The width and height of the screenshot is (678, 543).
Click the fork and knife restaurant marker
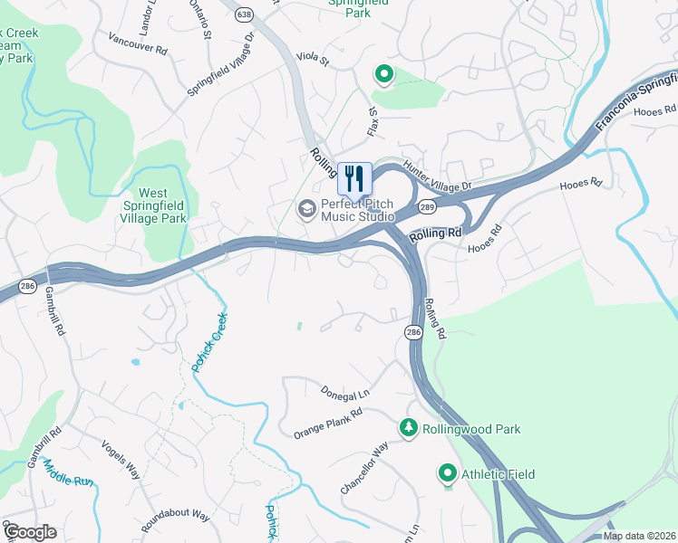(x=354, y=178)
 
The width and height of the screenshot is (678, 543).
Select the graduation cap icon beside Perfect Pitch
(x=307, y=210)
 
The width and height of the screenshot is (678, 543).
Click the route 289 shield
(x=428, y=207)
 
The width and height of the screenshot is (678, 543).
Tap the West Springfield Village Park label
(x=162, y=205)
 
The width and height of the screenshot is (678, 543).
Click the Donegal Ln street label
(x=345, y=393)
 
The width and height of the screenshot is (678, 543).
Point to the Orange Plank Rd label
(x=327, y=424)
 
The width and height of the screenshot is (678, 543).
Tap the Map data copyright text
(x=639, y=536)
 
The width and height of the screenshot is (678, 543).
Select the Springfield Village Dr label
(x=220, y=64)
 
